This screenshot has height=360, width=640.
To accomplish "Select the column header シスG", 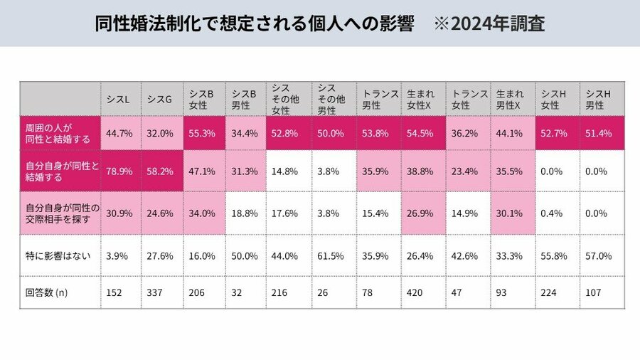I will [x=160, y=99].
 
